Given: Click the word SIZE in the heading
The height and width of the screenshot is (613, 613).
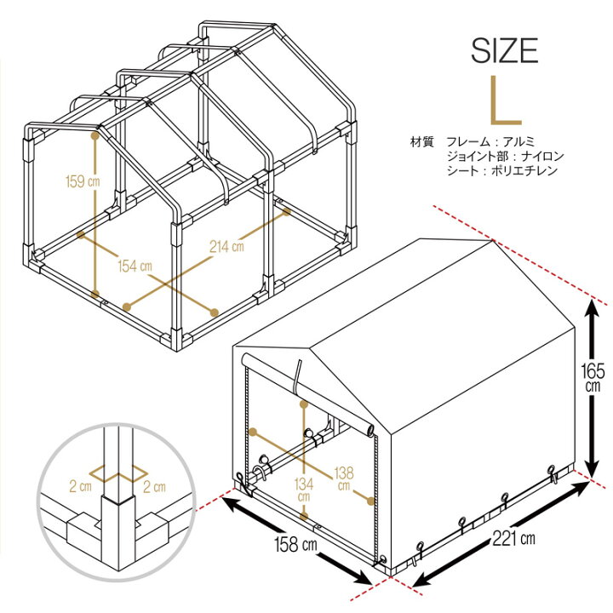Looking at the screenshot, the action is [x=504, y=50].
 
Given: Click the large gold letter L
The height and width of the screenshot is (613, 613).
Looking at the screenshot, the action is [x=506, y=100].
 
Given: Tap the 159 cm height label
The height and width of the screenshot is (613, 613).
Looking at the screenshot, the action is [x=83, y=181].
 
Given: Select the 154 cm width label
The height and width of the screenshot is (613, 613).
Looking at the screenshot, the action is [x=135, y=266].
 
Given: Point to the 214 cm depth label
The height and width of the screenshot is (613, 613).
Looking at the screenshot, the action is [x=226, y=246].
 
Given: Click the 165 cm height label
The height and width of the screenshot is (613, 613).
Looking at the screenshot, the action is [x=593, y=378].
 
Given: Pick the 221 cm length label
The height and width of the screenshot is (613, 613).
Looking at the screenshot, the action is [x=513, y=538].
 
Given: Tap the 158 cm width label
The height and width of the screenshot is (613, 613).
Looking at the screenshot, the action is [x=295, y=544].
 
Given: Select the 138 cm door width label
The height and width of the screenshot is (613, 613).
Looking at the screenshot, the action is [x=344, y=478].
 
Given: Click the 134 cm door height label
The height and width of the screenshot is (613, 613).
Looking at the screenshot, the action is [x=304, y=490].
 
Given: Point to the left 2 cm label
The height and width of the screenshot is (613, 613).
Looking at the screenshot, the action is [x=80, y=486].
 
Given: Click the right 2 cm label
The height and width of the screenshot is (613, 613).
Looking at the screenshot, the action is [x=154, y=486].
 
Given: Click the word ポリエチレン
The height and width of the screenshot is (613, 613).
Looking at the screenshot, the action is [x=524, y=170].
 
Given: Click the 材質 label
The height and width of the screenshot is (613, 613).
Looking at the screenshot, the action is [x=421, y=141].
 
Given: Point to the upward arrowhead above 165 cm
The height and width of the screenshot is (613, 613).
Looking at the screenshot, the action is [x=593, y=311].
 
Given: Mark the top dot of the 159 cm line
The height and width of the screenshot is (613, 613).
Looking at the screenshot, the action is [x=95, y=136].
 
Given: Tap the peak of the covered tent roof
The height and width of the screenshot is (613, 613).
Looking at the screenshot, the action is [x=492, y=240].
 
